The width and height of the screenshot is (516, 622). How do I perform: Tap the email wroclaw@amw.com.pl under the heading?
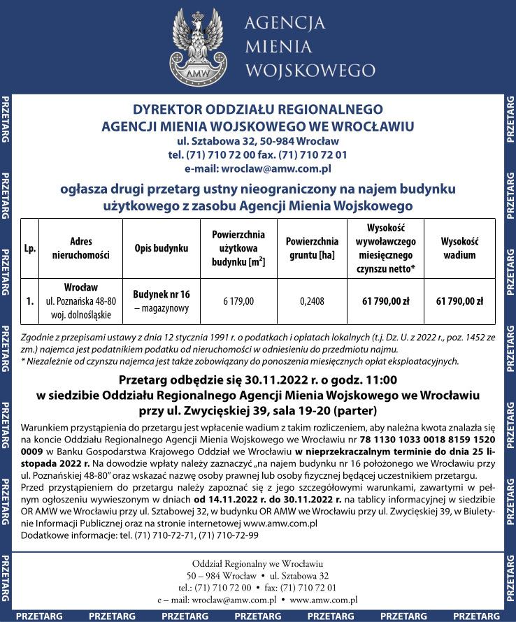[x=257, y=168]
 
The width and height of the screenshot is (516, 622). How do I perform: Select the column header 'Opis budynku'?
[x=162, y=248]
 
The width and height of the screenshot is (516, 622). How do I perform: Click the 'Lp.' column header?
[x=30, y=248]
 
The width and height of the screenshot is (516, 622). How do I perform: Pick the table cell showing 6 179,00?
[x=238, y=302]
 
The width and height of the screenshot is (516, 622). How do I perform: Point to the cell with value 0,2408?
[x=312, y=302]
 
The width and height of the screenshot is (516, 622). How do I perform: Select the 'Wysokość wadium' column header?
[x=459, y=248]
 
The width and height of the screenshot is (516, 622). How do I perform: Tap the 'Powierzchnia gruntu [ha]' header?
[x=312, y=248]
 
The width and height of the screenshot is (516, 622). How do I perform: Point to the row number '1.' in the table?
[x=30, y=302]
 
